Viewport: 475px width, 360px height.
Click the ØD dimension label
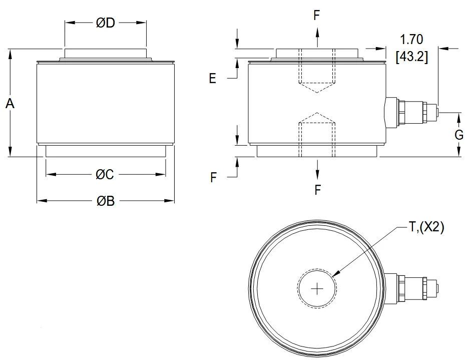(x=106, y=24)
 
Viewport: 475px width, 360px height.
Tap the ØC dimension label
(x=105, y=174)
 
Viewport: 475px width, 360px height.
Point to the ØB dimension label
(x=106, y=201)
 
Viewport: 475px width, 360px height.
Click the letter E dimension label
(x=213, y=79)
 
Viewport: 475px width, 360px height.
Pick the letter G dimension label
(x=458, y=134)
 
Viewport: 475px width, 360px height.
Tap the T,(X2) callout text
(x=426, y=227)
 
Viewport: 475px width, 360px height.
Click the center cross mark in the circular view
(x=317, y=288)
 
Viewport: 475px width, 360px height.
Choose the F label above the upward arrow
(x=316, y=15)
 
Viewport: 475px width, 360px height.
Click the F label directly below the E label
(x=214, y=177)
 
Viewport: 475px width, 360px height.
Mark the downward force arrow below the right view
(x=316, y=170)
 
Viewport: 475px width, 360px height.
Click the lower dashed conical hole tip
(x=316, y=113)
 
